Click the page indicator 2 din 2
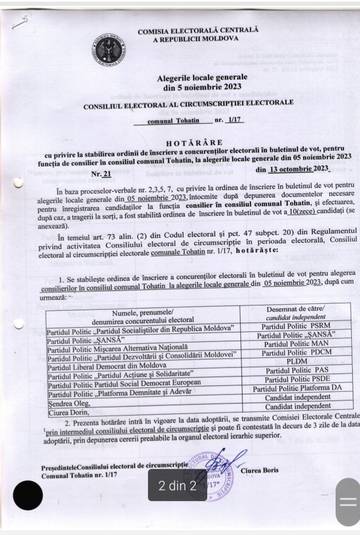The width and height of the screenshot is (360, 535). (x=178, y=487)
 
